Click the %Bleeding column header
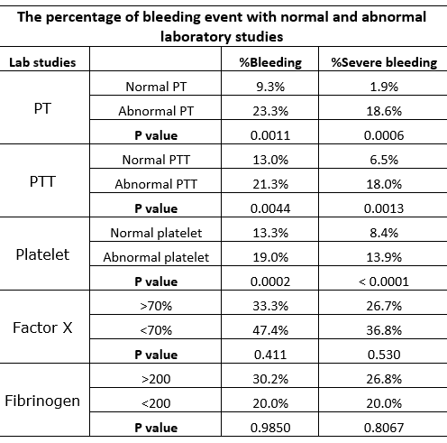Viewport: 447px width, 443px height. (270, 62)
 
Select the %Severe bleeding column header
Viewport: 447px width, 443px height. (384, 62)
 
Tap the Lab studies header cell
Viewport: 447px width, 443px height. (42, 62)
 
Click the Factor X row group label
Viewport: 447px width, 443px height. (42, 328)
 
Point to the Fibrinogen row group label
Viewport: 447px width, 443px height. (42, 401)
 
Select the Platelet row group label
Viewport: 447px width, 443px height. (42, 254)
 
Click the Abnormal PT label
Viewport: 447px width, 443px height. (156, 111)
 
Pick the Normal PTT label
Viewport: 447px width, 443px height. (156, 160)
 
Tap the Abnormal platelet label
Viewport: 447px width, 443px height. (156, 257)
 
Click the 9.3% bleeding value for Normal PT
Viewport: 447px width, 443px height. (270, 87)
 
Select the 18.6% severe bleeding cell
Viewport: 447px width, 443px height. (384, 111)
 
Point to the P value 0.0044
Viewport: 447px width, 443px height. (270, 208)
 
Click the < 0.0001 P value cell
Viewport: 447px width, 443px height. (384, 281)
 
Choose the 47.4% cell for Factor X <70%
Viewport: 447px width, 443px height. (270, 330)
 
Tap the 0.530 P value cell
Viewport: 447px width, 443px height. (384, 355)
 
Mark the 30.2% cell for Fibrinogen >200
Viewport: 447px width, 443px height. (270, 379)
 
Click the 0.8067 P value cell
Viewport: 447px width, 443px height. (384, 428)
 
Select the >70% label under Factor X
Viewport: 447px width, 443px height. (156, 306)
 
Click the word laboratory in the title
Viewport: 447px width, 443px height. (196, 37)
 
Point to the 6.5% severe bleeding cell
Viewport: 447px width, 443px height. (384, 160)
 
